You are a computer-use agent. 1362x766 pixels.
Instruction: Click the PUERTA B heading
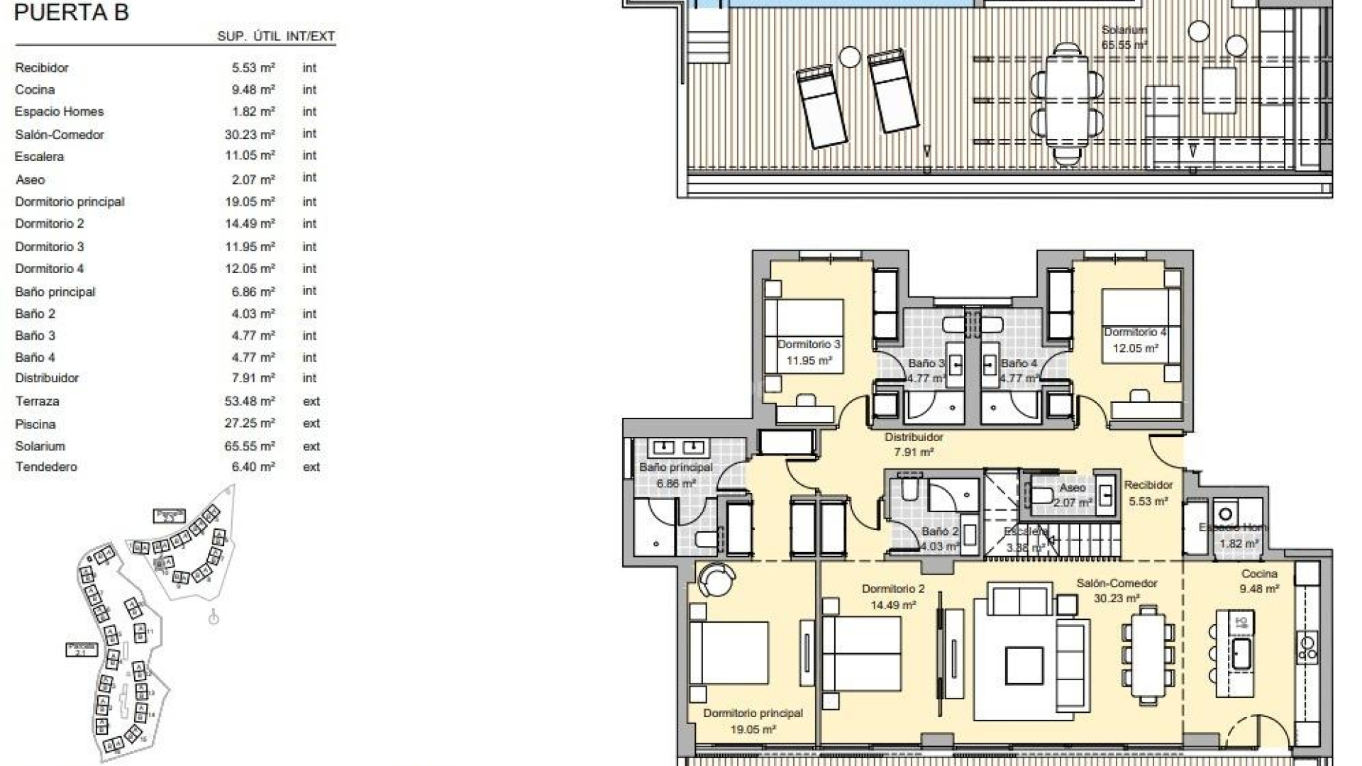point(71,13)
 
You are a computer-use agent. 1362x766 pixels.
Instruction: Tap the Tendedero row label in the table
point(46,467)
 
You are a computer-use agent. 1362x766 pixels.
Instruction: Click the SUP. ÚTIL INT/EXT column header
point(276,36)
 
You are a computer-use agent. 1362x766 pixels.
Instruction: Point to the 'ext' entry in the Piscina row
point(311,423)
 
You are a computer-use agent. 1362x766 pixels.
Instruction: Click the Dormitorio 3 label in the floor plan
point(809,345)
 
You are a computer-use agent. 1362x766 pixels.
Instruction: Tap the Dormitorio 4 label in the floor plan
point(1135,333)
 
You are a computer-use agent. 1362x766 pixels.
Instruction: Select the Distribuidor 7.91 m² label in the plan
point(914,444)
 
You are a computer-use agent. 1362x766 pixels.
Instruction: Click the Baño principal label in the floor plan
point(675,468)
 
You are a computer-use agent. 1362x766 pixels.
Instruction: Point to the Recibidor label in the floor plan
point(1148,486)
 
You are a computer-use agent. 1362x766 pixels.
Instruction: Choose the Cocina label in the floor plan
point(1259,574)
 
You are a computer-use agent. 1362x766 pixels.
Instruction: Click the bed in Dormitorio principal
point(729,653)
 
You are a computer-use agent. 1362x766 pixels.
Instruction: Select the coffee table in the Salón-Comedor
point(1024,665)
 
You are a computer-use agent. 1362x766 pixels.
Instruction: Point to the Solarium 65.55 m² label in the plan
point(1124,37)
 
